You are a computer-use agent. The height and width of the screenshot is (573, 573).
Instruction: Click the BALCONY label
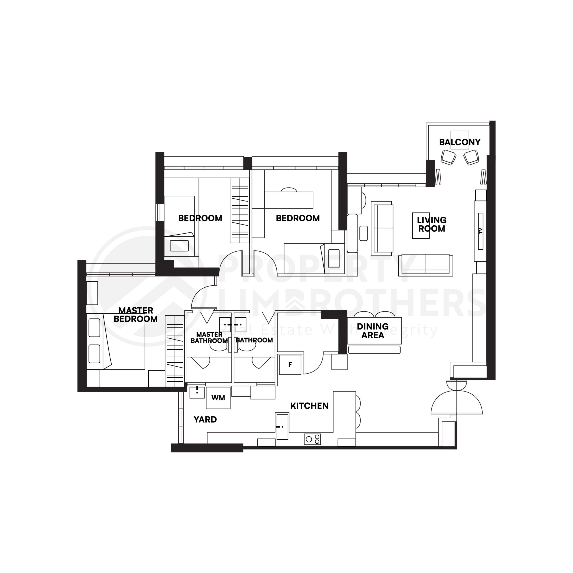tap(460, 142)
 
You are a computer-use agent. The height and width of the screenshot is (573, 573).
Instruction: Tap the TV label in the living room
tap(481, 231)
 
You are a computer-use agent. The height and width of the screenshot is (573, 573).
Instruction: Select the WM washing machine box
tap(218, 398)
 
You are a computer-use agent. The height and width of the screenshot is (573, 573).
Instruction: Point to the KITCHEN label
tap(309, 406)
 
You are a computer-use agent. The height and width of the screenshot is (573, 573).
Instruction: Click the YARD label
tap(205, 419)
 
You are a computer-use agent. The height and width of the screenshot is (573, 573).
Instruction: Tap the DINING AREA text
tap(372, 331)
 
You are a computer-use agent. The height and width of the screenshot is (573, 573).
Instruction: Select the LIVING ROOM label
tap(432, 224)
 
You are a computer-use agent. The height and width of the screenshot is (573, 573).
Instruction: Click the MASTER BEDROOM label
tap(136, 315)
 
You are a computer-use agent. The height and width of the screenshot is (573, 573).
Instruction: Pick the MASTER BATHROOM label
tap(209, 338)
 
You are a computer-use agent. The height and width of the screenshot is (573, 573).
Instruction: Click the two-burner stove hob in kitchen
tap(312, 439)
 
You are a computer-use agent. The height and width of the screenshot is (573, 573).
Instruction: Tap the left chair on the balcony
tap(448, 157)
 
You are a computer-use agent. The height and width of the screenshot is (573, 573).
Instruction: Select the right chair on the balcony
tap(471, 157)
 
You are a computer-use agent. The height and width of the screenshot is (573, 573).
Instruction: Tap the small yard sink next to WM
tap(197, 392)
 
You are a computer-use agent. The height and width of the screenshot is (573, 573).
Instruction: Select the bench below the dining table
tap(374, 350)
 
